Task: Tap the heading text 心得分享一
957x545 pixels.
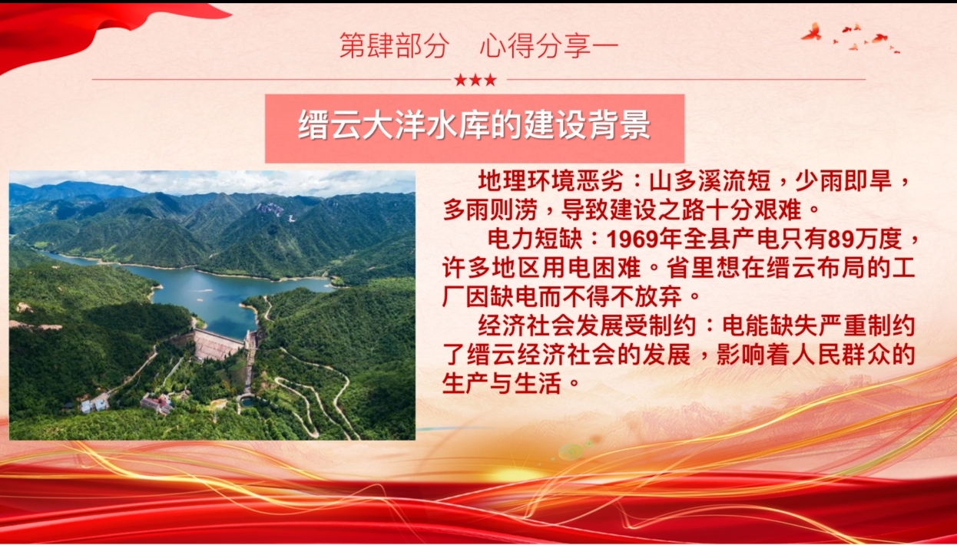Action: [x=549, y=46]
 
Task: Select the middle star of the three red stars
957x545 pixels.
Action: [x=475, y=80]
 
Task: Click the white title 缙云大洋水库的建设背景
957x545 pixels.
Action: [x=474, y=124]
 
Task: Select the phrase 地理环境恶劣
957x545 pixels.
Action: [x=550, y=181]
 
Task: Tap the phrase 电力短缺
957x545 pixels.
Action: [x=535, y=239]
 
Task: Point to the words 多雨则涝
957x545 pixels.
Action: [x=489, y=210]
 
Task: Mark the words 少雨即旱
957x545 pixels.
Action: [x=843, y=181]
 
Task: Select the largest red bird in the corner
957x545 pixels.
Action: [x=812, y=32]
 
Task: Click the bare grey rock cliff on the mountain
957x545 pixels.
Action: [x=271, y=209]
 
